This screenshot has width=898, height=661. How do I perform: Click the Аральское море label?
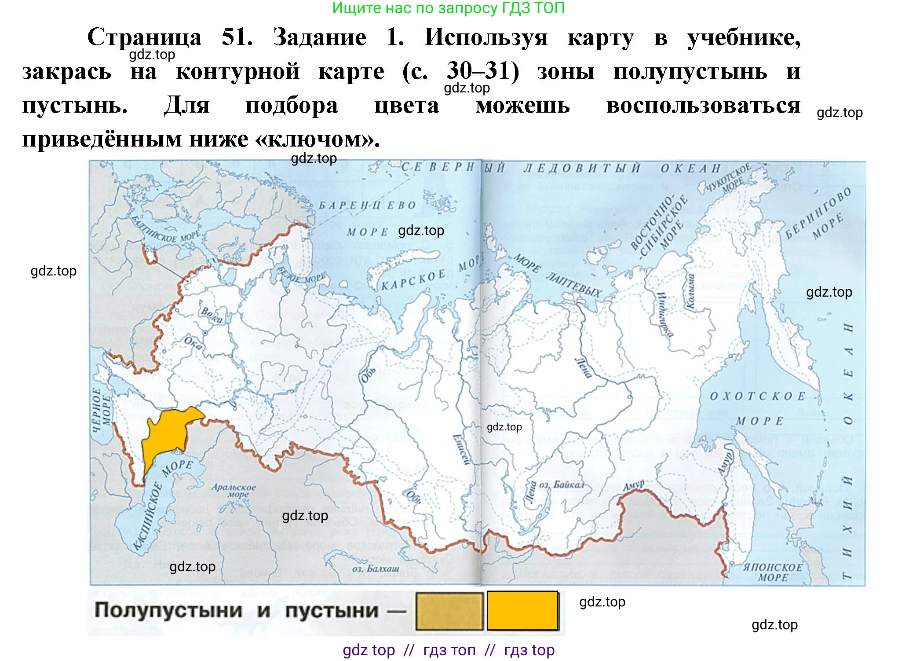click(233, 490)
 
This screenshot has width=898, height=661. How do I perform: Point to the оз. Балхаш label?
click(376, 569)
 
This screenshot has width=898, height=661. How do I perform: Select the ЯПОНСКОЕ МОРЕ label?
click(773, 572)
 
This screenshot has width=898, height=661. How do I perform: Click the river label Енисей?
click(461, 449)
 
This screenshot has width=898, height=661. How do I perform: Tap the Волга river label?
click(212, 315)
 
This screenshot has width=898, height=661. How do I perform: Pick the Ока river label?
click(193, 343)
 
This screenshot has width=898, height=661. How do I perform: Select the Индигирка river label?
click(664, 314)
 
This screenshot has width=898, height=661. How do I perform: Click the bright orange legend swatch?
click(522, 610)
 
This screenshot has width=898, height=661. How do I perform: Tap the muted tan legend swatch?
click(449, 611)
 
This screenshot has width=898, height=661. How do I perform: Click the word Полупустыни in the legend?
click(168, 610)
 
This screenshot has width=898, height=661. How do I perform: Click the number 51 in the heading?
click(237, 37)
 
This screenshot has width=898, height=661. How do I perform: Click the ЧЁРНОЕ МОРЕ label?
click(102, 409)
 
